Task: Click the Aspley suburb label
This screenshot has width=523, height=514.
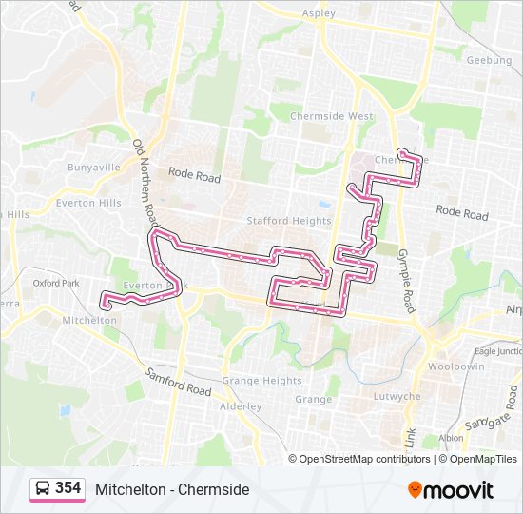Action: point(319,13)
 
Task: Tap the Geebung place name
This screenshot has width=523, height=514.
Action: point(489,60)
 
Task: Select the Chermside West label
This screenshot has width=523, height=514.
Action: point(332,116)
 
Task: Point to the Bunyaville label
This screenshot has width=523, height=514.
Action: point(93,167)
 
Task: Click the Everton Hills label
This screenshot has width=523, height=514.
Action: point(88,203)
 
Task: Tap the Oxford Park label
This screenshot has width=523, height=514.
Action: point(55,283)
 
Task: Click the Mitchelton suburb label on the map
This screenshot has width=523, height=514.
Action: point(88,321)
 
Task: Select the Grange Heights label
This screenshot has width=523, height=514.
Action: point(261,381)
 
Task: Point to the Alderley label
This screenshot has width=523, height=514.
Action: point(241,406)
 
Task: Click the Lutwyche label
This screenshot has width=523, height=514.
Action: point(397,396)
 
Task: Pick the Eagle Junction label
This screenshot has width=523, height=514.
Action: point(498,351)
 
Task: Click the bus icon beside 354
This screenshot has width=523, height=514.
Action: point(43,489)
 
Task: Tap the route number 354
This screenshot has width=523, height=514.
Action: point(68,488)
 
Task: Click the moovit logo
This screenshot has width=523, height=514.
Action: point(451,490)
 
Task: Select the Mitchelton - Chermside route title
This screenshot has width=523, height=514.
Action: point(172,489)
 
